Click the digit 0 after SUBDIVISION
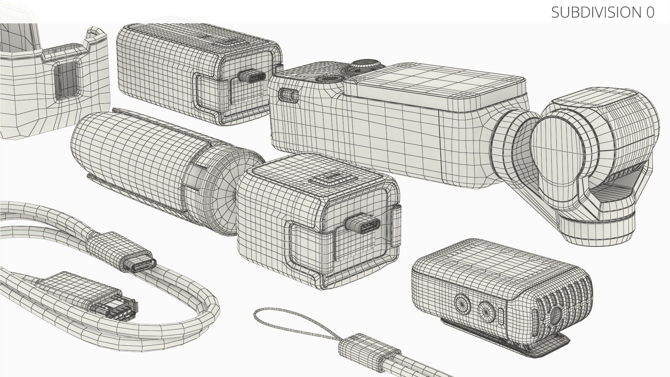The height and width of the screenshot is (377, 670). point(650,12)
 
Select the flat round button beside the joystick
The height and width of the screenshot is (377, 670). point(328,79)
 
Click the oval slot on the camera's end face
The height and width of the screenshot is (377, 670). point(289,94)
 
